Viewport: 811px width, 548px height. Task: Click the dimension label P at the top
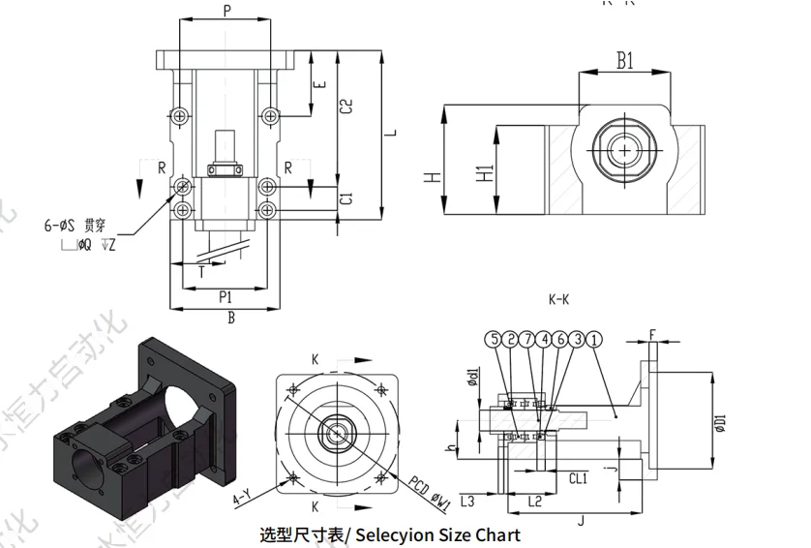(226, 11)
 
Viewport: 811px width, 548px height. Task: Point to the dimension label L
(392, 134)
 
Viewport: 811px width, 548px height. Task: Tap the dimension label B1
(625, 61)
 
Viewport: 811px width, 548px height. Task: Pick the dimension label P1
(225, 296)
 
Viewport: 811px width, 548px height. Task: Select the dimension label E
(320, 85)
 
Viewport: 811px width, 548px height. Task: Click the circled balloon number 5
(495, 340)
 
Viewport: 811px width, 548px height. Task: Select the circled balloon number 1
(594, 340)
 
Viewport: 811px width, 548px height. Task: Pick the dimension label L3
(466, 501)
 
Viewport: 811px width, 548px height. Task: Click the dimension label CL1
(577, 477)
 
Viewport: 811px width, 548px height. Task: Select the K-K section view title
(558, 300)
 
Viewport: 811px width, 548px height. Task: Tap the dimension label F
(652, 335)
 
